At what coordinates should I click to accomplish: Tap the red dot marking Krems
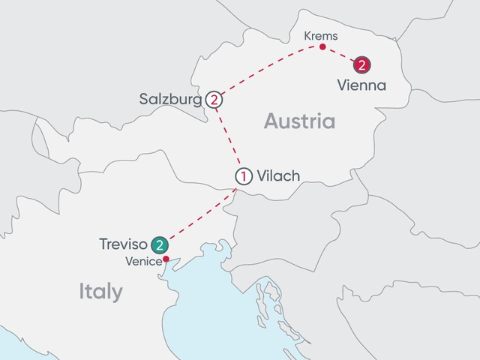click(x=322, y=47)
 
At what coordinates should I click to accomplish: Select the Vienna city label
click(x=361, y=85)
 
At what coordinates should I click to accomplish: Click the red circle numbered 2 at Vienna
click(x=362, y=65)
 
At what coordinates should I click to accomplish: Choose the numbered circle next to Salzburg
click(x=214, y=99)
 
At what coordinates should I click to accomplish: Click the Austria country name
click(x=299, y=121)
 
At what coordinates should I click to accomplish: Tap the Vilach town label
click(x=277, y=177)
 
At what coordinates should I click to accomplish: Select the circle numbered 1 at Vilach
click(x=243, y=177)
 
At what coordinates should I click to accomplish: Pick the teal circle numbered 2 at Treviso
click(x=159, y=244)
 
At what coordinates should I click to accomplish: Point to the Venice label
click(x=144, y=261)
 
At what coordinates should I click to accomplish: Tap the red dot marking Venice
click(x=166, y=260)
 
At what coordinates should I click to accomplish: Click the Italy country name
click(x=100, y=292)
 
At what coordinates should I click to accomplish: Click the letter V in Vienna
click(x=342, y=85)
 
